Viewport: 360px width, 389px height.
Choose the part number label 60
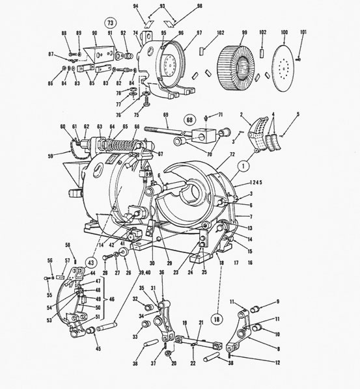pyautogui.click(x=63, y=127)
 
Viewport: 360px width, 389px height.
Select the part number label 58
pyautogui.click(x=68, y=245)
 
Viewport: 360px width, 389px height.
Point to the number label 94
pyautogui.click(x=137, y=5)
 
